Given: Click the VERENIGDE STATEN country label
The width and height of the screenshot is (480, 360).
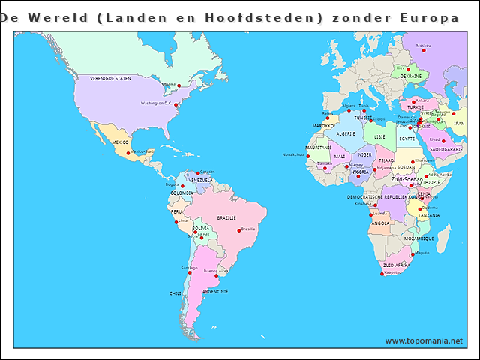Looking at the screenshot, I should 111,78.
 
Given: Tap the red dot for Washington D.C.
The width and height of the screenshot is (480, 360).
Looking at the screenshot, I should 176,105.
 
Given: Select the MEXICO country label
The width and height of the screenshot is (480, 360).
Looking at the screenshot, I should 121,142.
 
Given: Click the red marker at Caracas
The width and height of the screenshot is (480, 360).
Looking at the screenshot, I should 198,173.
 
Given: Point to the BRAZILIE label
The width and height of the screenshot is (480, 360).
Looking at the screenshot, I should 226,217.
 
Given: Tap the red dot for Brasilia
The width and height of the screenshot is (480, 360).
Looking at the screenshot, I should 238,229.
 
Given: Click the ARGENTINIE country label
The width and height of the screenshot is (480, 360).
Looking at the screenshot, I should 215,291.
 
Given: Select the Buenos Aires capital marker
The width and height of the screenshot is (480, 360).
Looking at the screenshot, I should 217,275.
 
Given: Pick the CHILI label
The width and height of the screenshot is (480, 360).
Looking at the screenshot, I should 175,293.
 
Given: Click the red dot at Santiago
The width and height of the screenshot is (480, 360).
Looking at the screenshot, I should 186,272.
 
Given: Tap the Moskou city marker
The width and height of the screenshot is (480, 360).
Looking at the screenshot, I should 424,50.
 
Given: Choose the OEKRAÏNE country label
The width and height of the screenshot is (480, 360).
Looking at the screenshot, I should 410,76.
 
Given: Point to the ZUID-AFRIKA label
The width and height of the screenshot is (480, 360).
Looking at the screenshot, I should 396,265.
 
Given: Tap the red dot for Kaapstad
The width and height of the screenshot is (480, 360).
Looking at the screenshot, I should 382,274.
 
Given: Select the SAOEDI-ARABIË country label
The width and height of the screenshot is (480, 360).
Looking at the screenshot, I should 446,149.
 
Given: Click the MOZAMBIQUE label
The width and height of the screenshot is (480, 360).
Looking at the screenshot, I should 418,238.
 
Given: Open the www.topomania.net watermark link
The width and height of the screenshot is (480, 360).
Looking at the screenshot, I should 424,341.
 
